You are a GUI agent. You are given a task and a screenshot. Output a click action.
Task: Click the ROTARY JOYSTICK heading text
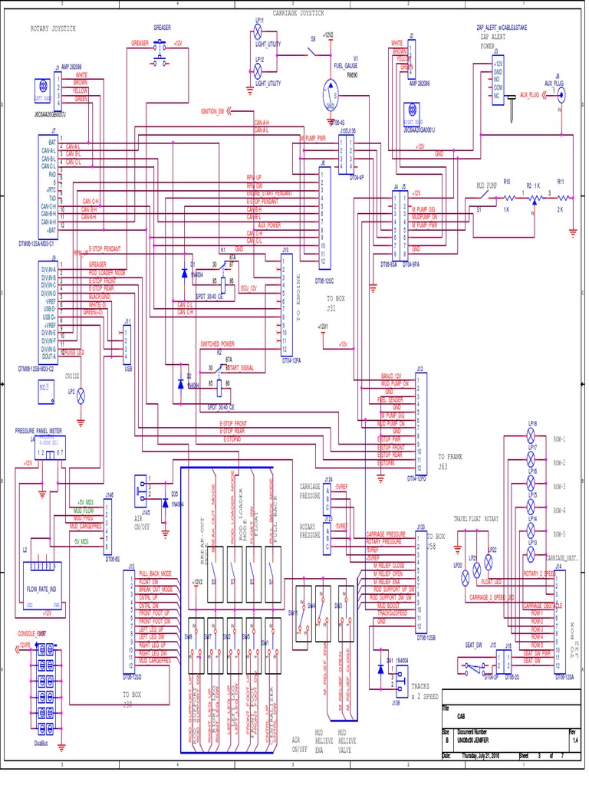tap(54, 28)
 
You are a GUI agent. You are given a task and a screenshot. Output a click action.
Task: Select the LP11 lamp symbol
tap(258, 32)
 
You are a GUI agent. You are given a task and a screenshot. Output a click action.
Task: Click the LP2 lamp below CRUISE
tap(81, 395)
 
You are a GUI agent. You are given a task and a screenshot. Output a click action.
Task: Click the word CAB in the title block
tap(461, 716)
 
